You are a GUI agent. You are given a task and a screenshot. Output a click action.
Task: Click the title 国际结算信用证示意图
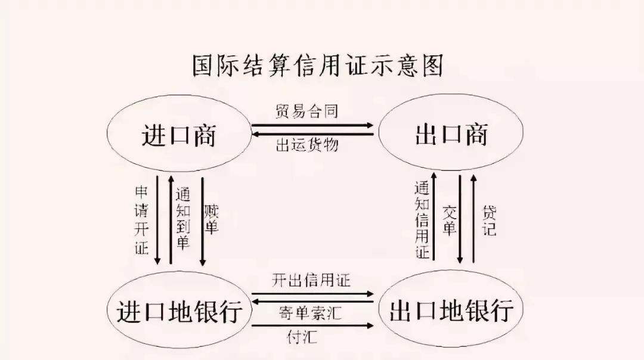(318, 66)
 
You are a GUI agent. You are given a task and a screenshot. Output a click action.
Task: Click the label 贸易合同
(307, 111)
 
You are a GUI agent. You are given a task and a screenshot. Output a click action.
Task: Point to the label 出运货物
(307, 145)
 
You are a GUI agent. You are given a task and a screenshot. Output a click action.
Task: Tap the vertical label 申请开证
(141, 221)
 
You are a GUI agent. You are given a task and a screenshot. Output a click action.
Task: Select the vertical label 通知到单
(183, 218)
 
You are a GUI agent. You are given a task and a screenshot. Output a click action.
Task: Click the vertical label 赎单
(211, 219)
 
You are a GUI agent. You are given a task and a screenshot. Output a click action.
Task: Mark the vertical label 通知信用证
(422, 220)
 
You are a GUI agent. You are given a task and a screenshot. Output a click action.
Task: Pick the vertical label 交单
(450, 221)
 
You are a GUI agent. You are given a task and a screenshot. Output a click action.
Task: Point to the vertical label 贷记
(489, 221)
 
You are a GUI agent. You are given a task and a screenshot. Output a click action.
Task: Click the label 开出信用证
(311, 280)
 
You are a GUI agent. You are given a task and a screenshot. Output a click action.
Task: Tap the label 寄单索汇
(310, 313)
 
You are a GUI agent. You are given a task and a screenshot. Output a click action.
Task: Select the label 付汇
(302, 337)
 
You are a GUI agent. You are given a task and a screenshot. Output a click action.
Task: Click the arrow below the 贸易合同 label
(312, 126)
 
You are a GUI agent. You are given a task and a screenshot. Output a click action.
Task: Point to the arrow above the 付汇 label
(312, 326)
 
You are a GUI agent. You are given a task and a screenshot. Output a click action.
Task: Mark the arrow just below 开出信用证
(312, 294)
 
